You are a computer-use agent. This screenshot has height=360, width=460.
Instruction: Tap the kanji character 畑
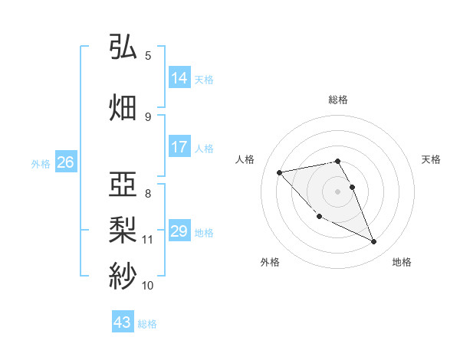[123, 106]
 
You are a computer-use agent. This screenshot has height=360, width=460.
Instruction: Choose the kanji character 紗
[123, 274]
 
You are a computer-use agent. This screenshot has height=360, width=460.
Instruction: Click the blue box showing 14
[179, 78]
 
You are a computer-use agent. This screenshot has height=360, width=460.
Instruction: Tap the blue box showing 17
[179, 147]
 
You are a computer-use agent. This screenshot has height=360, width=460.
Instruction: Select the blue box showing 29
[179, 231]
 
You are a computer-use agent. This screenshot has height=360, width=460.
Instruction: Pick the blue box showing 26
[65, 162]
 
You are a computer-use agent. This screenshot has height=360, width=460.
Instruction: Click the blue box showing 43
[122, 322]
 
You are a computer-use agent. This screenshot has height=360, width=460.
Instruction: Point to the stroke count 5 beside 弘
[148, 56]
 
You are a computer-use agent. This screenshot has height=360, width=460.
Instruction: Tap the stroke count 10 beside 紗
[147, 286]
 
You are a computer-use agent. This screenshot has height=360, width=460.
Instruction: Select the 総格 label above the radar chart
[337, 100]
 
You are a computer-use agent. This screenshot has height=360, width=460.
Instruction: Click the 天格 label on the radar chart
[431, 159]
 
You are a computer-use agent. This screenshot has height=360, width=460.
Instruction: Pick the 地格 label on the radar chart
[402, 262]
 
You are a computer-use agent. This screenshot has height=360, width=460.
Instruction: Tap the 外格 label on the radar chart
[270, 262]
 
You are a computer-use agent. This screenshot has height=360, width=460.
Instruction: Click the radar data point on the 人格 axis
[280, 172]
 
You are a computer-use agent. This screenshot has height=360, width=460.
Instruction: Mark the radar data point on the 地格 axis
[373, 242]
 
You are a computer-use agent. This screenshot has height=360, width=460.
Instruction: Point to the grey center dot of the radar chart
[337, 191]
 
